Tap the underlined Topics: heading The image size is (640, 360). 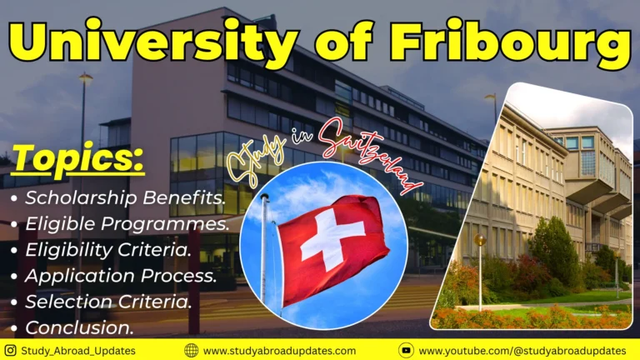tap(78, 159)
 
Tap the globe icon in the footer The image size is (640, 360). tap(191, 351)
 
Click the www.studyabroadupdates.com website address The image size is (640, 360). tap(278, 351)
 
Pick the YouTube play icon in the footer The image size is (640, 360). tap(406, 351)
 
